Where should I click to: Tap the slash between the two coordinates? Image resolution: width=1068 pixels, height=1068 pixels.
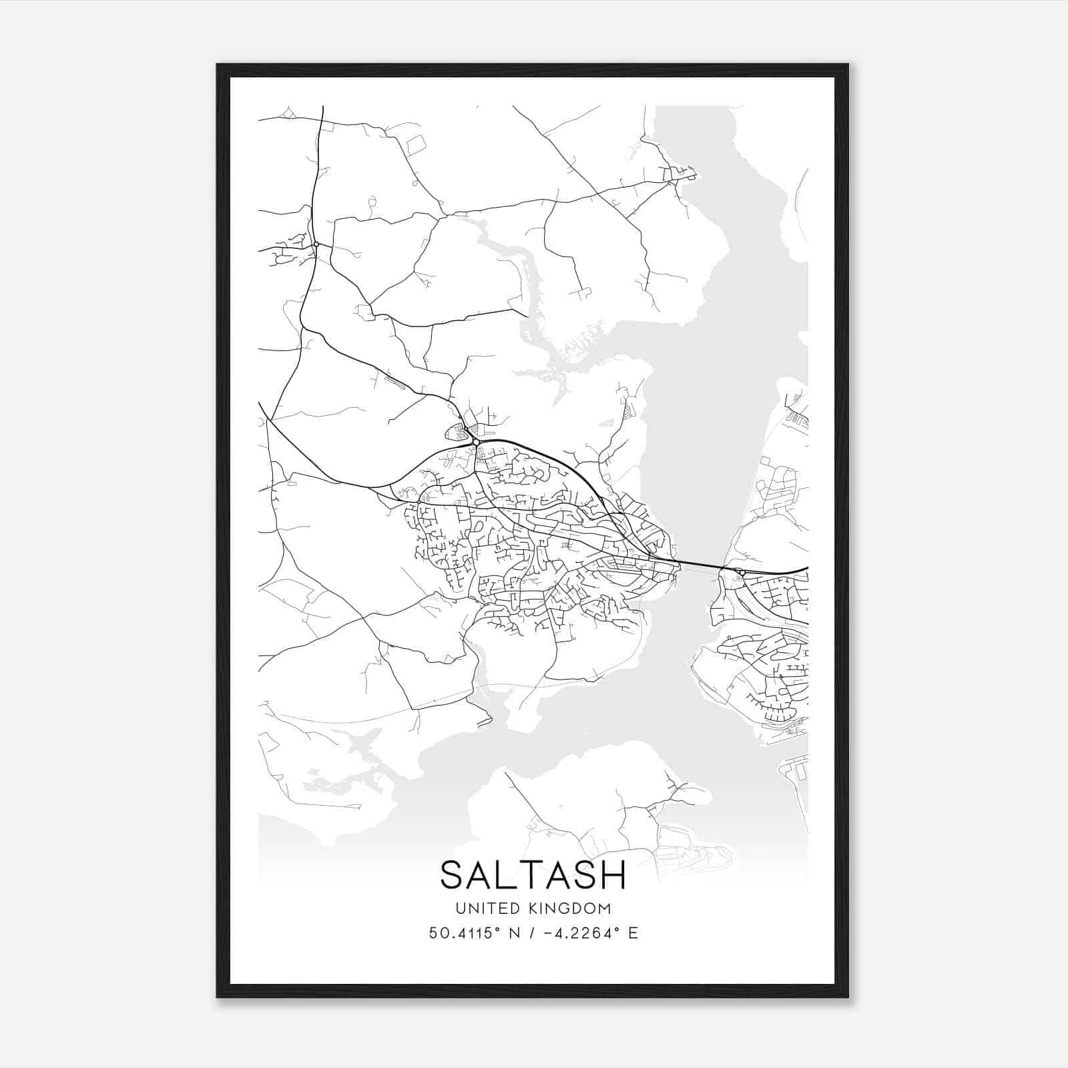[529, 932]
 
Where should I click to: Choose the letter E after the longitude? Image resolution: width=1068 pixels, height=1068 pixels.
[633, 932]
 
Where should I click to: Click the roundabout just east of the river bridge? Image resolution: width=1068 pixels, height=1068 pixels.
[741, 572]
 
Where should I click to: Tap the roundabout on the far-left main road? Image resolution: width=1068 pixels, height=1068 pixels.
[316, 244]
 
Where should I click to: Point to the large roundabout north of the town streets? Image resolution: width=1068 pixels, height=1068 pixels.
[475, 442]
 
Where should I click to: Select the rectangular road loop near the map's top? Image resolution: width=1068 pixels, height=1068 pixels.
[416, 145]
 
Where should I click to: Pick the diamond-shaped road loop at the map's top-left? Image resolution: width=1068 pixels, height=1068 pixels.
[288, 113]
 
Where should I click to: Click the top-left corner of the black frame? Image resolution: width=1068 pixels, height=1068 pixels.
[218, 65]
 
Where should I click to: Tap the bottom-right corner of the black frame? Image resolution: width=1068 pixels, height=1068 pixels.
[848, 997]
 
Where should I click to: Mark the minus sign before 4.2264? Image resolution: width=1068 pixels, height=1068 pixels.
[549, 932]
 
